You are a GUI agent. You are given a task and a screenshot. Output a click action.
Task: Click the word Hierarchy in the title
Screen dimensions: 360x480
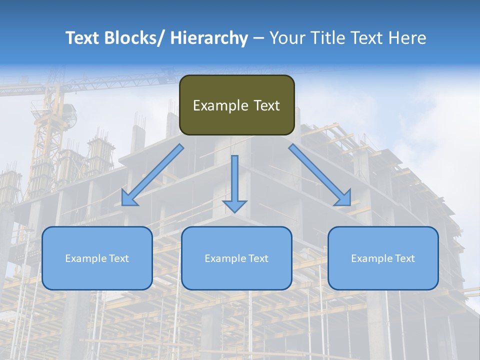click(x=209, y=38)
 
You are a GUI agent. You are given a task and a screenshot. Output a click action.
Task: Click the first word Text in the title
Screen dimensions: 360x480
click(x=83, y=38)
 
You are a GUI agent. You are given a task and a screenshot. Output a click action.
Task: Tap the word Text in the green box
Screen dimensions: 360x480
click(x=265, y=105)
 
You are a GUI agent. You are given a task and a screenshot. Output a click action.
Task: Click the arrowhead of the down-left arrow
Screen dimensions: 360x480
click(x=128, y=199)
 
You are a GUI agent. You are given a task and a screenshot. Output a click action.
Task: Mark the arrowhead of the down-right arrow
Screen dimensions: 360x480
click(x=344, y=199)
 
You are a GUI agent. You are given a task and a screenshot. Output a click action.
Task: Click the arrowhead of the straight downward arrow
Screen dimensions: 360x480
click(x=234, y=206)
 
